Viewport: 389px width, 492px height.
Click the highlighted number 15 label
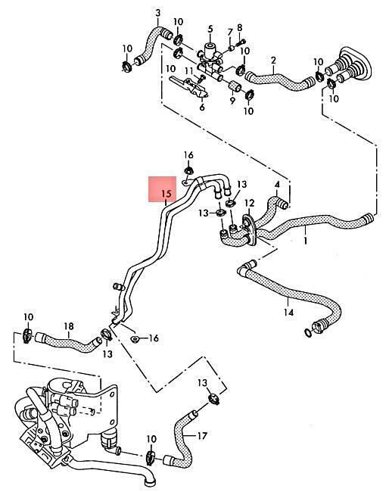pos(167,194)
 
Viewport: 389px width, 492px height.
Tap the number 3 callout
pos(158,13)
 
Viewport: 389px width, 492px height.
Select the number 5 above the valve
pos(210,29)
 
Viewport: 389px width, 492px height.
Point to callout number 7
pos(230,33)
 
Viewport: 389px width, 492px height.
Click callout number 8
pos(240,27)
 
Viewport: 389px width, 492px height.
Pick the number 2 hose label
pos(273,61)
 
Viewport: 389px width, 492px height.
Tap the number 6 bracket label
pos(202,107)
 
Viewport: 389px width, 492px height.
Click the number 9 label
pos(232,101)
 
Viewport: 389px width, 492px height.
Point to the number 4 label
pos(277,185)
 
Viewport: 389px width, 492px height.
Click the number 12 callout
pos(250,204)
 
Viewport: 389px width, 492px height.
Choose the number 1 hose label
pos(306,241)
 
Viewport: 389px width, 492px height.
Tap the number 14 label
pos(288,313)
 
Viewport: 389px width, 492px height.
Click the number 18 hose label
pos(69,326)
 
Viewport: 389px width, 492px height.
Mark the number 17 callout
pos(202,436)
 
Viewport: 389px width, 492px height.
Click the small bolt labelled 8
pos(242,42)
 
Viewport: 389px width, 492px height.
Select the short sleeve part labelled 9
pos(235,86)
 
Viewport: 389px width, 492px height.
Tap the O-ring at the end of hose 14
pos(308,333)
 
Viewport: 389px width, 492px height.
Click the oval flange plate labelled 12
pos(250,229)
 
